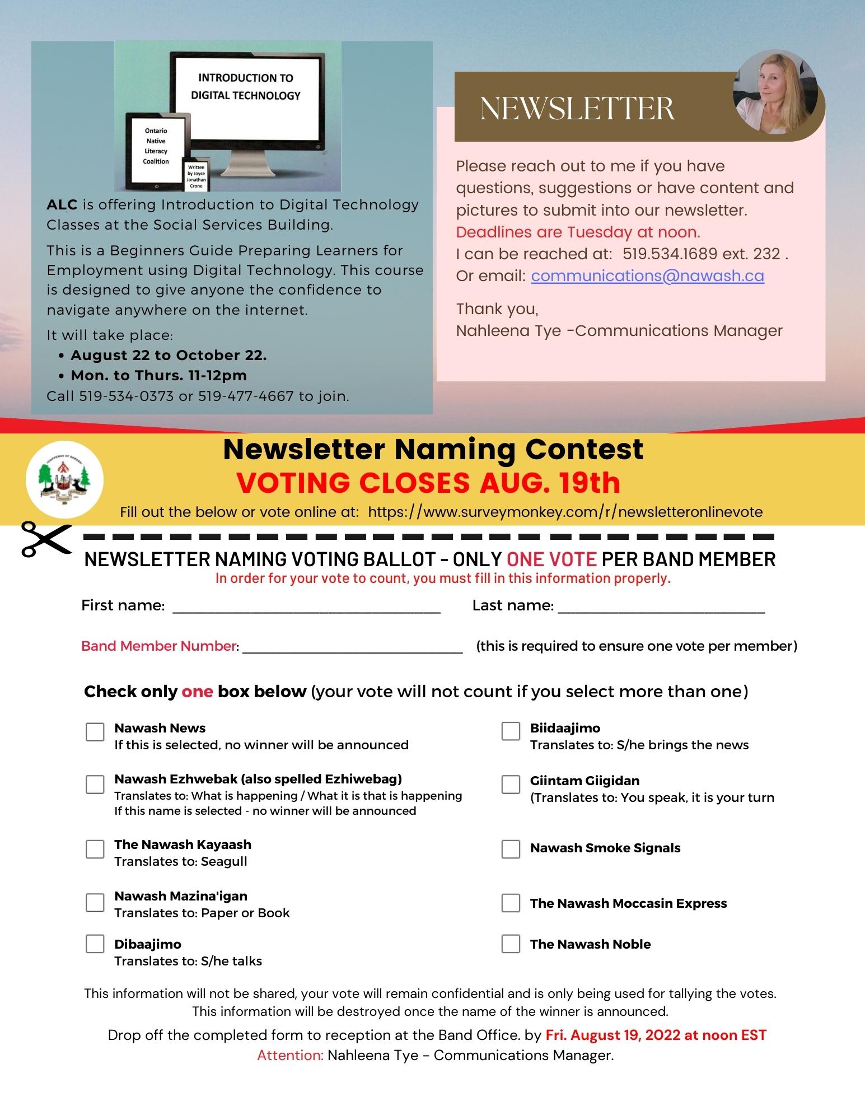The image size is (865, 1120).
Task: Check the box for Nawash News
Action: click(95, 732)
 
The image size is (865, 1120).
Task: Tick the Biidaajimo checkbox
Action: click(511, 731)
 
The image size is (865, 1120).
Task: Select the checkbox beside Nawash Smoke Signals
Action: click(511, 849)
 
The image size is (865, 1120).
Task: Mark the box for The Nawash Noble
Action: click(511, 944)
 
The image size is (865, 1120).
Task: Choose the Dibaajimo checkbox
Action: click(95, 944)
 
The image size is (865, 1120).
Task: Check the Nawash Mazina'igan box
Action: click(95, 903)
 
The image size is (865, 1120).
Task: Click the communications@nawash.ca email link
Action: click(647, 276)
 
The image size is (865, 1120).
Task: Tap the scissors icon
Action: click(46, 539)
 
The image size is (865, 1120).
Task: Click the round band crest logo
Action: click(64, 479)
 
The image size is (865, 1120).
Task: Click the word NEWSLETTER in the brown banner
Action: click(577, 109)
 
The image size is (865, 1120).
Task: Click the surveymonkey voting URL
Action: click(565, 512)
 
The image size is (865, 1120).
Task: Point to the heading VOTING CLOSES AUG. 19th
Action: click(428, 483)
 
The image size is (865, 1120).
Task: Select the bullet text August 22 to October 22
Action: click(169, 356)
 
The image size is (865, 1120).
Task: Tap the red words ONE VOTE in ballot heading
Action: click(551, 559)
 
